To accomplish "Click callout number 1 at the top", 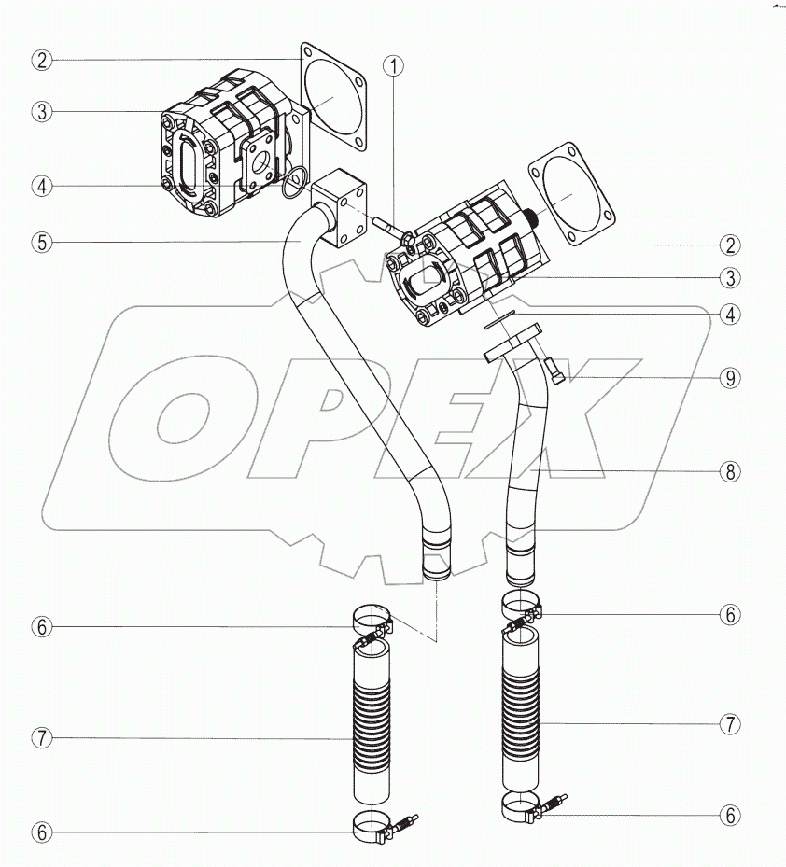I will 396,66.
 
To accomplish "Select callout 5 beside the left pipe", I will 40,242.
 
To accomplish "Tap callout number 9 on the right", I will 730,378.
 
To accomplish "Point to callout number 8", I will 730,471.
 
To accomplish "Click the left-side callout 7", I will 40,737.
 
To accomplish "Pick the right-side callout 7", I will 730,722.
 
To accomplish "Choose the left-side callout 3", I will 40,111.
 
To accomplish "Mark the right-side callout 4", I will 730,315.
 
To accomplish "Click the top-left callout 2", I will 40,60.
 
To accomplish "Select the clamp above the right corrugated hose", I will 521,607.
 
